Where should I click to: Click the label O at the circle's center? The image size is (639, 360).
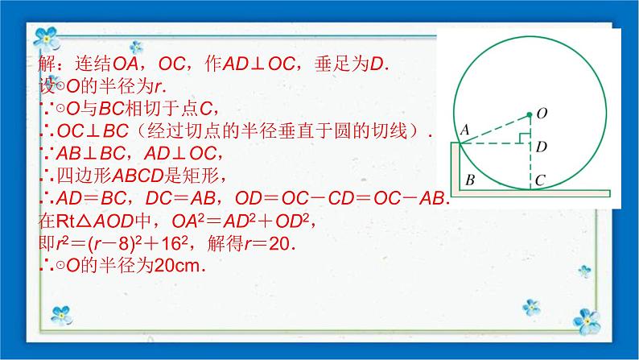pyautogui.click(x=542, y=114)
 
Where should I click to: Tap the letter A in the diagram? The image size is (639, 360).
pyautogui.click(x=464, y=130)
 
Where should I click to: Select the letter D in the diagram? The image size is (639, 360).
pyautogui.click(x=542, y=147)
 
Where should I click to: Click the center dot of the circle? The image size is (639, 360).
pyautogui.click(x=530, y=114)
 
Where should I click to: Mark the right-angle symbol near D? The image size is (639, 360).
pyautogui.click(x=525, y=138)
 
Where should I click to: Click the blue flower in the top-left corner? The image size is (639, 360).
pyautogui.click(x=50, y=36)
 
